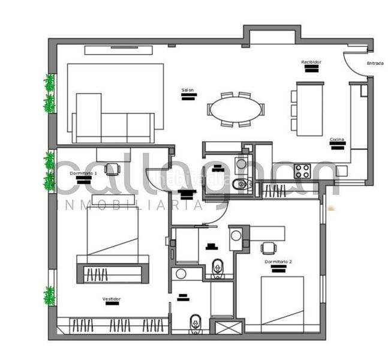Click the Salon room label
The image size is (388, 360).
[188, 91]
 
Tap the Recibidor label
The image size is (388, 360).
[311, 62]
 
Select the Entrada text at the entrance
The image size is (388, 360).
[375, 62]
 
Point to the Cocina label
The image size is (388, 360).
[336, 140]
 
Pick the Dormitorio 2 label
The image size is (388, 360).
[278, 262]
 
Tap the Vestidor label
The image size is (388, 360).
[112, 298]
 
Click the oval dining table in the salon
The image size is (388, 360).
[235, 110]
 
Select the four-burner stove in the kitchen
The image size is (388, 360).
[302, 171]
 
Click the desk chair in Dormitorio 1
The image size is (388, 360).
[112, 169]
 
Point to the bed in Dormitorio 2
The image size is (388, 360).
[282, 303]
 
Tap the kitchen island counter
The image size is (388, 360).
[309, 109]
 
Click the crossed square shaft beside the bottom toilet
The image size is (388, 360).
[228, 327]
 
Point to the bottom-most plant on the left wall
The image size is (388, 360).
[49, 295]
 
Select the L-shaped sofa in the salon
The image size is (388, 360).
[111, 120]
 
